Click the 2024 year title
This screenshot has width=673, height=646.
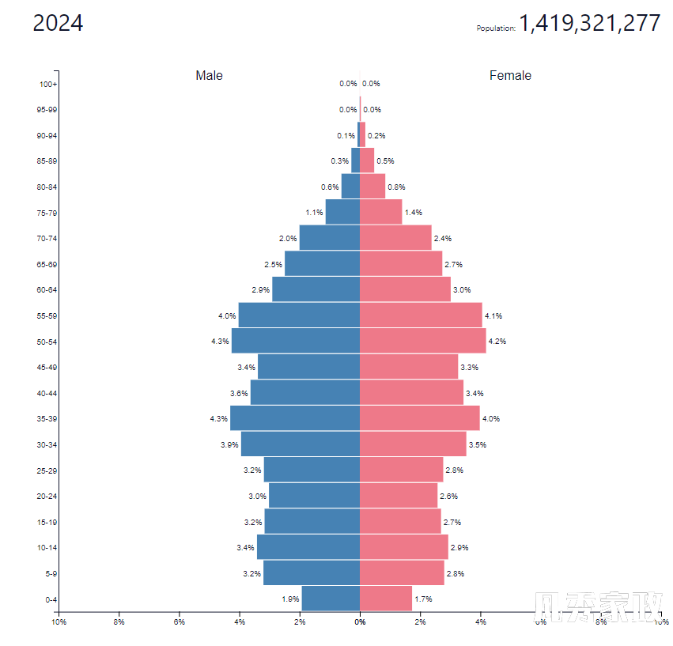coord(58,24)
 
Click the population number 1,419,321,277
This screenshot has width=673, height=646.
coord(589,24)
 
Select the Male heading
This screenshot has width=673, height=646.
coord(210,76)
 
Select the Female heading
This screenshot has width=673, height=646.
coord(510,76)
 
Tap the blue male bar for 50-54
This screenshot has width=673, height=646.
coord(296,342)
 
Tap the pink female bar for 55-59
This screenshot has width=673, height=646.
coord(421,315)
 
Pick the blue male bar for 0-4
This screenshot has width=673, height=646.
coord(331,599)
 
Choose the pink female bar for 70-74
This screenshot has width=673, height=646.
coord(395,238)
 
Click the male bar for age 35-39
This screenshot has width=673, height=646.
coord(295,418)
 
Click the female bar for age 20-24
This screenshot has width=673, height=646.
coord(399,496)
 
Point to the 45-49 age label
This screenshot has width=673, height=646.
coord(47,367)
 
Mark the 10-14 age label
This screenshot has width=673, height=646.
coord(47,547)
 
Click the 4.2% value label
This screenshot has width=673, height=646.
coord(497,342)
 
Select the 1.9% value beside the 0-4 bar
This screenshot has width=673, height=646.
coord(290,599)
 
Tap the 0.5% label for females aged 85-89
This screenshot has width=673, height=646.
coord(385,161)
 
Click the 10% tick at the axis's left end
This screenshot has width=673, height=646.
coord(59,622)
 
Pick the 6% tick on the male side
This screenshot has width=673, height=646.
coord(180,622)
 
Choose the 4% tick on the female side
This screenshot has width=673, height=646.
coord(481,622)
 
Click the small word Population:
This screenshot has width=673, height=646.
coord(496,28)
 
